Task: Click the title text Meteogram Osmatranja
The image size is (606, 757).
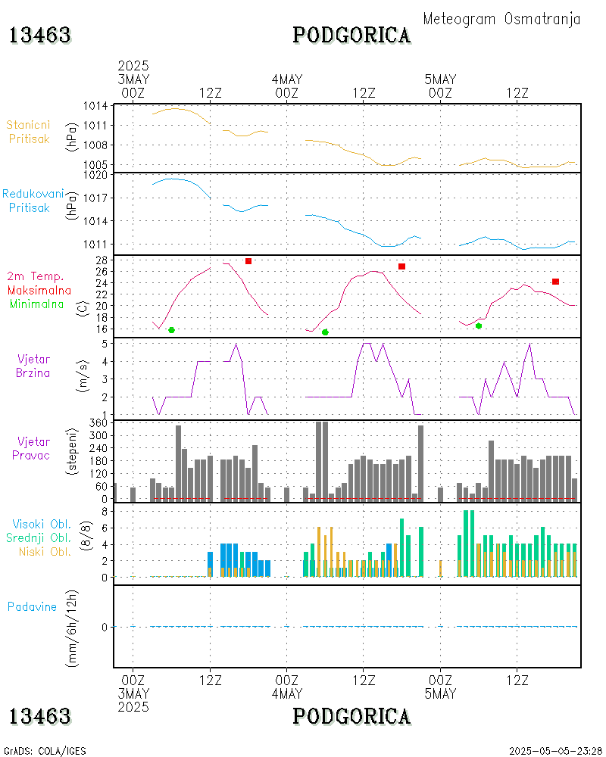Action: [501, 19]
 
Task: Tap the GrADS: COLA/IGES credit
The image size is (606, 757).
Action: [45, 751]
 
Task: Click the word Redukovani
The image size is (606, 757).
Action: [33, 194]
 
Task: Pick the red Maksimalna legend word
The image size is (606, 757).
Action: [39, 290]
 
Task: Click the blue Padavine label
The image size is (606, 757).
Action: [32, 606]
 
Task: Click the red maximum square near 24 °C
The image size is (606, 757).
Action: [555, 281]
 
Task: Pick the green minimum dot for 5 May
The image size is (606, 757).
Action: [479, 326]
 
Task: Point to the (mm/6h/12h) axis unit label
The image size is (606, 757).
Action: [73, 627]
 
